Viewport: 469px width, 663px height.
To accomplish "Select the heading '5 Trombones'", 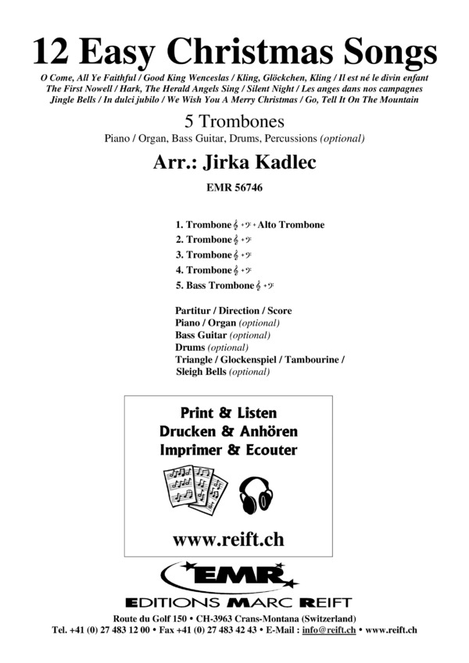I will pyautogui.click(x=234, y=122).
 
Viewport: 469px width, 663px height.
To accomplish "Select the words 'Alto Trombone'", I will pyautogui.click(x=294, y=225).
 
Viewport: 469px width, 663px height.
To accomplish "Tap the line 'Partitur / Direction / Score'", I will pyautogui.click(x=234, y=311).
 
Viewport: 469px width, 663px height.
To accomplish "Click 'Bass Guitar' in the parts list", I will pyautogui.click(x=200, y=335).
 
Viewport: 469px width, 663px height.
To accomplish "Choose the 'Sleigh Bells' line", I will pyautogui.click(x=202, y=372).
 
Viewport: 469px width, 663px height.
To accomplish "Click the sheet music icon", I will pyautogui.click(x=195, y=489).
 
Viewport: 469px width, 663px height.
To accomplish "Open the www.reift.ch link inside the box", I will pyautogui.click(x=228, y=538).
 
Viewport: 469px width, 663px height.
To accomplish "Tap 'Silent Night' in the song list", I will pyautogui.click(x=268, y=90).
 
